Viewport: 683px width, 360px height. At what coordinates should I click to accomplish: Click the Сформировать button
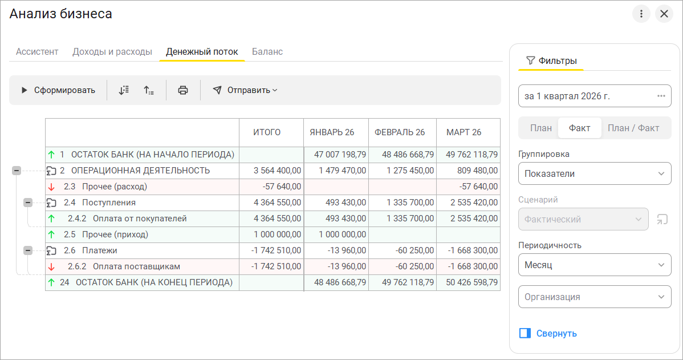(x=58, y=90)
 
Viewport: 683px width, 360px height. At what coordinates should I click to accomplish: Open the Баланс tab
(x=267, y=52)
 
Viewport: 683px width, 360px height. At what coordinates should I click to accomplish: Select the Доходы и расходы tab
(x=112, y=52)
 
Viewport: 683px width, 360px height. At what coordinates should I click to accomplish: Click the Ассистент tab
(x=37, y=52)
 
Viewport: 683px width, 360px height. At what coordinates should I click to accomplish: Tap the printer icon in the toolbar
(x=183, y=90)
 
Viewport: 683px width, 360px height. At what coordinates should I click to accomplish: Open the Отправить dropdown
(x=245, y=90)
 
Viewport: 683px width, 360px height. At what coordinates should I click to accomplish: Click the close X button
(x=664, y=14)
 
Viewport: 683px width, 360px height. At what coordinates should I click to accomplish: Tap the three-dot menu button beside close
(x=641, y=14)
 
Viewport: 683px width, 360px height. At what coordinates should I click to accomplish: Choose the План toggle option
(x=541, y=128)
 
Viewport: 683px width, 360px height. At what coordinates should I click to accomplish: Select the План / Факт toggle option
(x=633, y=128)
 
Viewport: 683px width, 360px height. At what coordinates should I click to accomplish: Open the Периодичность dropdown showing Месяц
(x=595, y=265)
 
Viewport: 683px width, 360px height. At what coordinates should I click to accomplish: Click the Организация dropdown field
(x=595, y=297)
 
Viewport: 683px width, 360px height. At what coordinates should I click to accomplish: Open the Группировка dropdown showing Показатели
(x=595, y=173)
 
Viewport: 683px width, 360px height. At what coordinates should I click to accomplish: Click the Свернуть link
(x=556, y=333)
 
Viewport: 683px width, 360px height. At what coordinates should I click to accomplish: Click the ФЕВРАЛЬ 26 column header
(x=400, y=132)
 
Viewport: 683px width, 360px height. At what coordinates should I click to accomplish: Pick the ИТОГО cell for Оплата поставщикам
(x=276, y=266)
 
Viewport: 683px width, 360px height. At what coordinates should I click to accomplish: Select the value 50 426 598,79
(x=471, y=282)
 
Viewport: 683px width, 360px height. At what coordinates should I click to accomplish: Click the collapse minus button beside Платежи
(x=28, y=250)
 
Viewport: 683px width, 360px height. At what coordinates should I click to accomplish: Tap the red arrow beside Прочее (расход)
(x=51, y=187)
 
